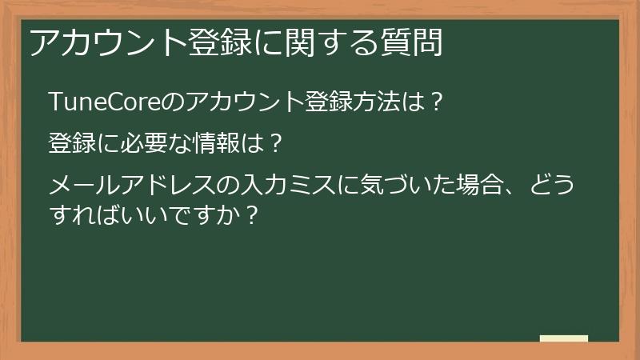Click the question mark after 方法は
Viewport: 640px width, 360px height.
(x=435, y=102)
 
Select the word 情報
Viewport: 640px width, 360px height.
(x=218, y=145)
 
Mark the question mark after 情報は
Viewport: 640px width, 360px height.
(x=274, y=145)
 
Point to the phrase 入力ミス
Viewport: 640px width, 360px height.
(x=290, y=188)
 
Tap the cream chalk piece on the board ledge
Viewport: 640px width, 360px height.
(x=564, y=338)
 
